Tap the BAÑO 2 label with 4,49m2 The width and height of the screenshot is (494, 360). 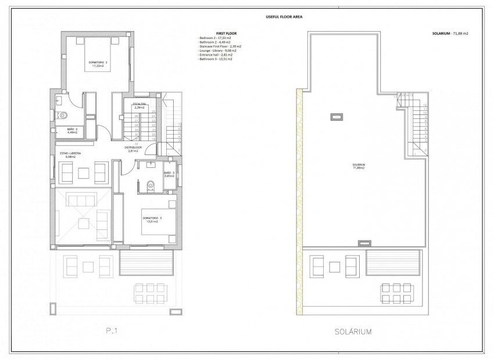coord(71,131)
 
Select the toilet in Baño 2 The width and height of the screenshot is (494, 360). coord(65,115)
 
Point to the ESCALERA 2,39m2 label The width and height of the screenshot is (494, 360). coord(139,106)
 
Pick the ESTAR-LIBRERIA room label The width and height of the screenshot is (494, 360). coord(70,154)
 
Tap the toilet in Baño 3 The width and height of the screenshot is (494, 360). coord(151,185)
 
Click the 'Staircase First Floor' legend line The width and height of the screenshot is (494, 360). coord(220,46)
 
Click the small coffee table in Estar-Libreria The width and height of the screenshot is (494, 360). coord(84,172)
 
